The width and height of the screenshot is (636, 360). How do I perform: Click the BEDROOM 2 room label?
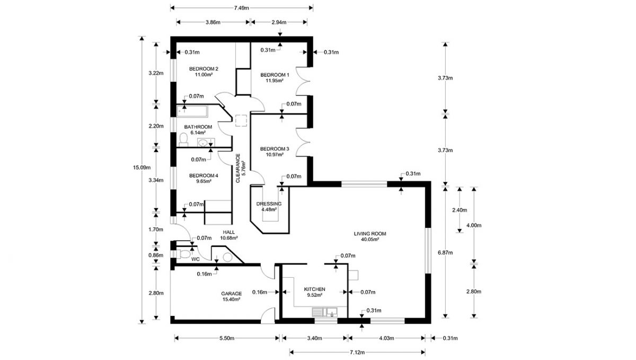point(204,68)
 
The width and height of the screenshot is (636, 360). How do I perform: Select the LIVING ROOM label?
point(369,233)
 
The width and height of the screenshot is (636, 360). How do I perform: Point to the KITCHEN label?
point(314,289)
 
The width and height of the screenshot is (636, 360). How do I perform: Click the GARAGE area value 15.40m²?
point(231,300)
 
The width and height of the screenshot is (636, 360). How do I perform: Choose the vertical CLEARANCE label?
point(237,168)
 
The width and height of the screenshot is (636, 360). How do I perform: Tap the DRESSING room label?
point(269,204)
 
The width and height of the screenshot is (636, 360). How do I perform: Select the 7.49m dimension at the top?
point(241,8)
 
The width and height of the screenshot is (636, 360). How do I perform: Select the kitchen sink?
point(324,312)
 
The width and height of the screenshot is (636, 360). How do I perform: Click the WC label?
point(195,259)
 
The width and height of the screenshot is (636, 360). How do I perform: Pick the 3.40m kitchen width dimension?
point(315,338)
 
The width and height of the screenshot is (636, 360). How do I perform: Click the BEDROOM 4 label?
point(204,175)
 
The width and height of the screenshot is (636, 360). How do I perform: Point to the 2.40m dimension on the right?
point(459,210)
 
